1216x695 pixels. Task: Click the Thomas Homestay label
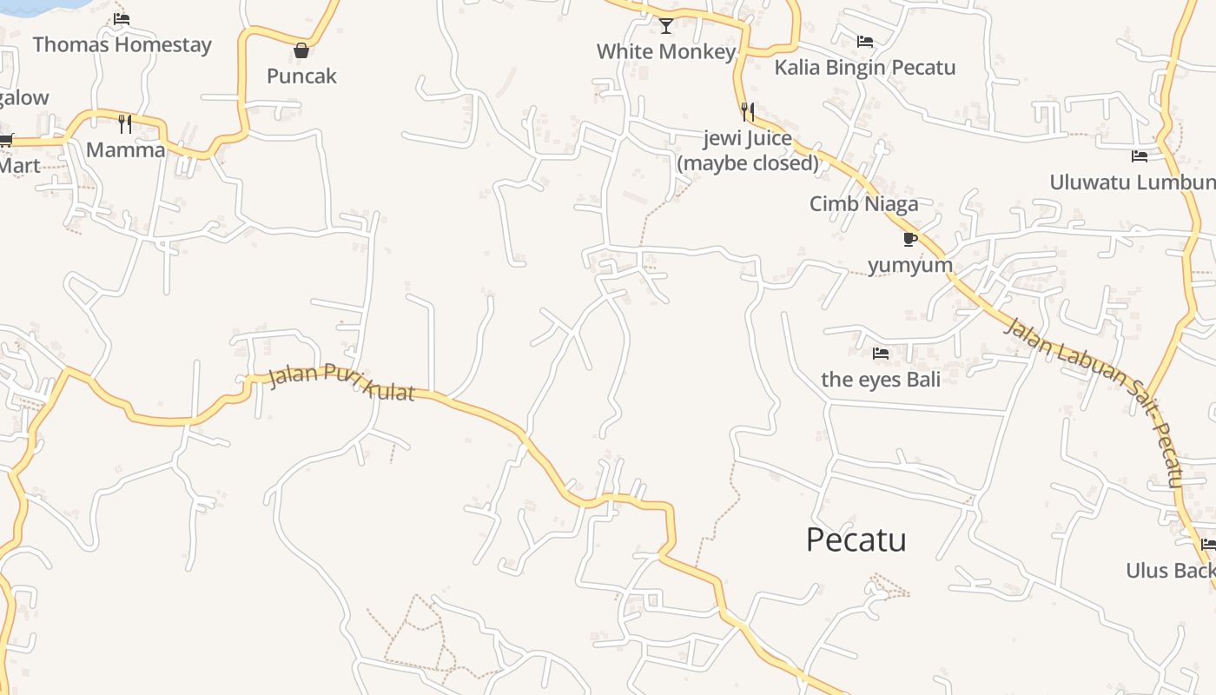(x=122, y=44)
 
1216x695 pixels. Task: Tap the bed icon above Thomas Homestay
(x=122, y=18)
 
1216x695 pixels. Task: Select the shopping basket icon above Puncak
(x=301, y=50)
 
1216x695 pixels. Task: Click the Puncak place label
(x=301, y=76)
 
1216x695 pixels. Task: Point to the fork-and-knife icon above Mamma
(x=125, y=124)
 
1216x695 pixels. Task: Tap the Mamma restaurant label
(x=125, y=149)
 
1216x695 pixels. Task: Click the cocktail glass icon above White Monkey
(x=666, y=26)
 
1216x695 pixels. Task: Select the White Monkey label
(x=666, y=51)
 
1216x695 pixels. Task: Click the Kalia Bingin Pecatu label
(x=865, y=67)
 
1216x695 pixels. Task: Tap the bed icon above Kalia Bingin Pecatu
(x=865, y=41)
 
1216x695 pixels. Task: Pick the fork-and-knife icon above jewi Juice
(x=747, y=112)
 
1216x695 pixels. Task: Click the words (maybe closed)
(x=748, y=162)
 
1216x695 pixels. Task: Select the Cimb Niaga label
(x=863, y=203)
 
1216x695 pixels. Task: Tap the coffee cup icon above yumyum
(x=909, y=239)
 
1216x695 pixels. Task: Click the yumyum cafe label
(x=910, y=264)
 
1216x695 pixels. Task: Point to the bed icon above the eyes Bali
(x=881, y=354)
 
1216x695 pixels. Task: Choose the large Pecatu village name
(x=856, y=539)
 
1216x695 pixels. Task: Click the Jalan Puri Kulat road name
(x=341, y=383)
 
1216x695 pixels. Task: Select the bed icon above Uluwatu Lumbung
(x=1140, y=156)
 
